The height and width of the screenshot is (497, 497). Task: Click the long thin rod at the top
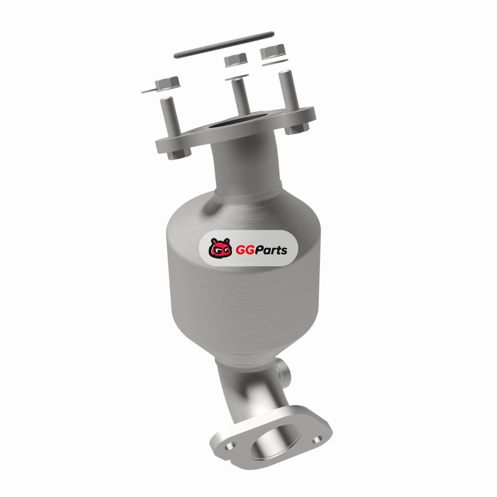tap(224, 45)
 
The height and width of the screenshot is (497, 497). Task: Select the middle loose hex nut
tap(235, 60)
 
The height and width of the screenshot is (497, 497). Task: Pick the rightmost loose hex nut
tap(273, 52)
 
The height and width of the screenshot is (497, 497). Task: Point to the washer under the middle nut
tap(237, 77)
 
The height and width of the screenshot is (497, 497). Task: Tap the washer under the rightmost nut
tap(275, 63)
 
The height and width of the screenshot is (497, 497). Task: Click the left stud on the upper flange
tap(170, 116)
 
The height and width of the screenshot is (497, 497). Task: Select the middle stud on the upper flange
tap(241, 96)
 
